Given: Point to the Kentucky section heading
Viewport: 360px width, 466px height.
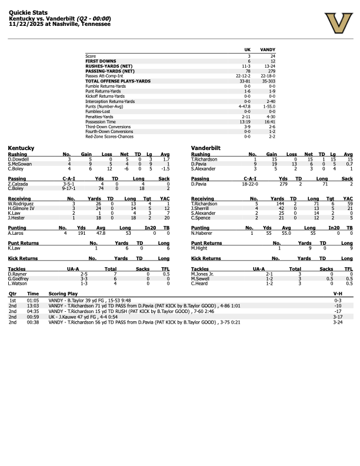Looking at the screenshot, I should (21, 148).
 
